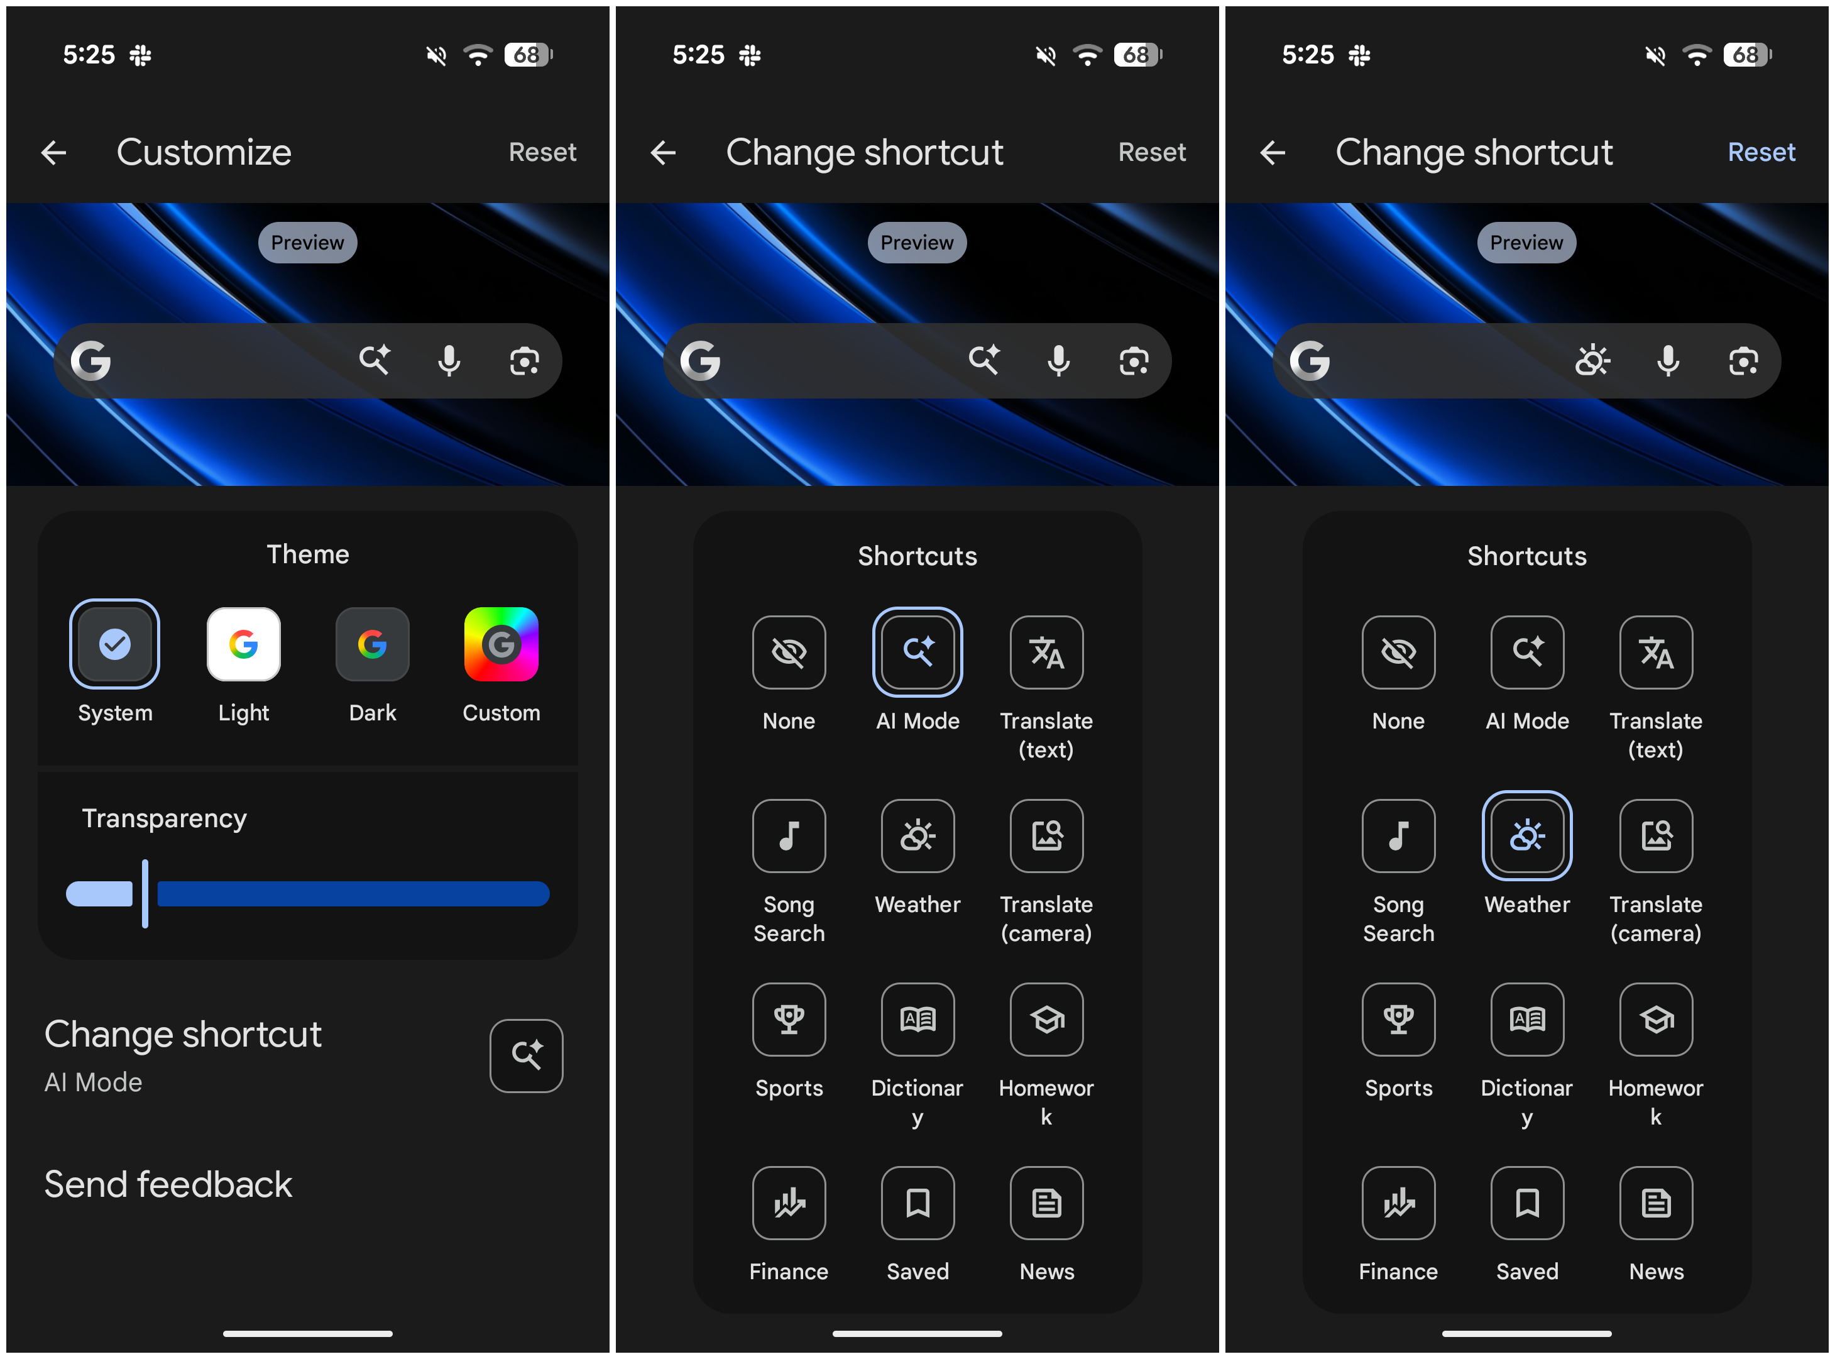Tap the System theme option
pos(114,645)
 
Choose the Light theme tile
pos(243,645)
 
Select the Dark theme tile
pos(373,645)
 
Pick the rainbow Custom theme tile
pos(501,645)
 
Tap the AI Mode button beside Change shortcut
pos(527,1056)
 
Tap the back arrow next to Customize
pos(54,152)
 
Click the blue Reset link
pos(1761,152)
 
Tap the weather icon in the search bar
pos(1592,361)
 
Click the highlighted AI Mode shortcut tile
pos(917,652)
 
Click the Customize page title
pos(204,152)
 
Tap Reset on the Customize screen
pos(542,152)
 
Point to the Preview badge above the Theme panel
pos(308,243)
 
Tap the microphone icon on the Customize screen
pos(449,361)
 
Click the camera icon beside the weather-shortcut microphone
pos(1743,361)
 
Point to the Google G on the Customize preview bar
pos(90,361)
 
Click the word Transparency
pos(165,818)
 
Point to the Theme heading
pos(308,554)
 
